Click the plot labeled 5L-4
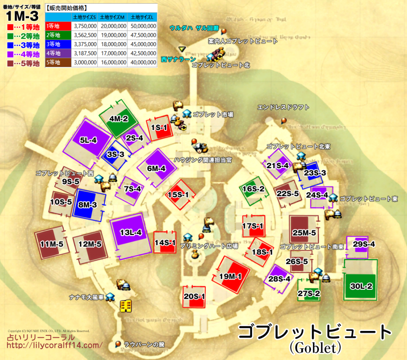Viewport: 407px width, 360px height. point(88,140)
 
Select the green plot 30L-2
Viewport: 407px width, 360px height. point(361,286)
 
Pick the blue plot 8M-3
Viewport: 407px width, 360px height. point(88,205)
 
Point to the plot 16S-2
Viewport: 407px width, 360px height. point(253,189)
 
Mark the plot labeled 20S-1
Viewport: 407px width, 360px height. point(194,296)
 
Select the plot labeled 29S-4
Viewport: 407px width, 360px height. point(364,244)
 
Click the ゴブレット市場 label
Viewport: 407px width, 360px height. point(213,115)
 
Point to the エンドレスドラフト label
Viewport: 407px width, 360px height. point(283,107)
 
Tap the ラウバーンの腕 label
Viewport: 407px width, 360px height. point(144,344)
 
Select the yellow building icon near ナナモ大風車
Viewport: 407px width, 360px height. point(126,306)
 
